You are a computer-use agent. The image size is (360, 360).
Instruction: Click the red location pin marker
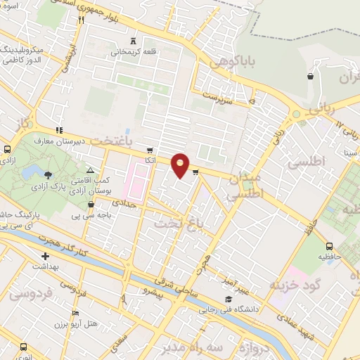tap(181, 165)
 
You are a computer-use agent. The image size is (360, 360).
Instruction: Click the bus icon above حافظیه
tap(329, 246)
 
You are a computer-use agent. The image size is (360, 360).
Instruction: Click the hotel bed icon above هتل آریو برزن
tap(75, 314)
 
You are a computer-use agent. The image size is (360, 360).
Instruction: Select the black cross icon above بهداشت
tap(45, 256)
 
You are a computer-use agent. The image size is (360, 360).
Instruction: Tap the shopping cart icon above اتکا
tap(149, 150)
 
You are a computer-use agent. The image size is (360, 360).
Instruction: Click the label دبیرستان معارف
tap(84, 140)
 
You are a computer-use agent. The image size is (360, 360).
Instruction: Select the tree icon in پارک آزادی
tap(47, 174)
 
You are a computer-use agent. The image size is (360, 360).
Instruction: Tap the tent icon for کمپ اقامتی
tap(89, 170)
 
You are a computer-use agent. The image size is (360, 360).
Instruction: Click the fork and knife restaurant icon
tap(82, 20)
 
